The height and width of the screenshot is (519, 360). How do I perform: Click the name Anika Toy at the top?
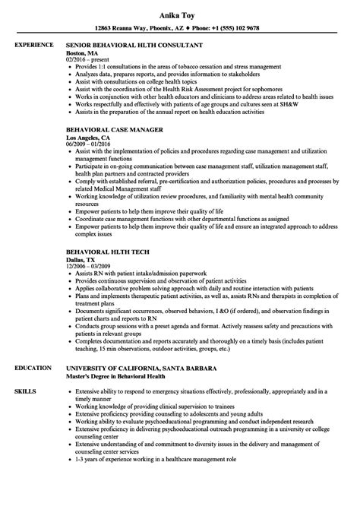pyautogui.click(x=179, y=13)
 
